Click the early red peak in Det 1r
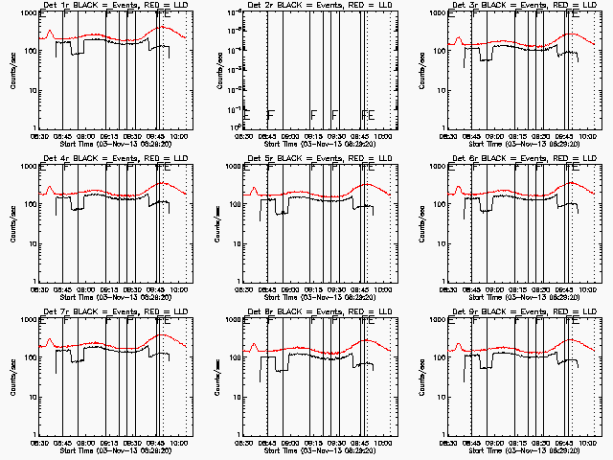pyautogui.click(x=49, y=33)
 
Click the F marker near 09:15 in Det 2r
pyautogui.click(x=313, y=114)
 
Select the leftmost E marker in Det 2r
pyautogui.click(x=246, y=114)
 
